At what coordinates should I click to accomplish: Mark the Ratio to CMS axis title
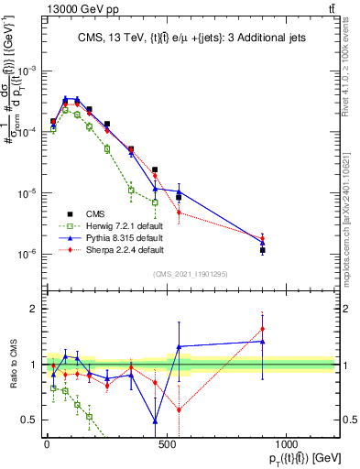tap(13, 365)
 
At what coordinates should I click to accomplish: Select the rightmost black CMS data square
tap(262, 249)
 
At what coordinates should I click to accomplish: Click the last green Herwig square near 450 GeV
tap(155, 202)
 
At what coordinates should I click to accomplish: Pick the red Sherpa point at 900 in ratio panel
tap(262, 329)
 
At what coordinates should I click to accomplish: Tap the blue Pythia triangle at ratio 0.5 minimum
tap(155, 420)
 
